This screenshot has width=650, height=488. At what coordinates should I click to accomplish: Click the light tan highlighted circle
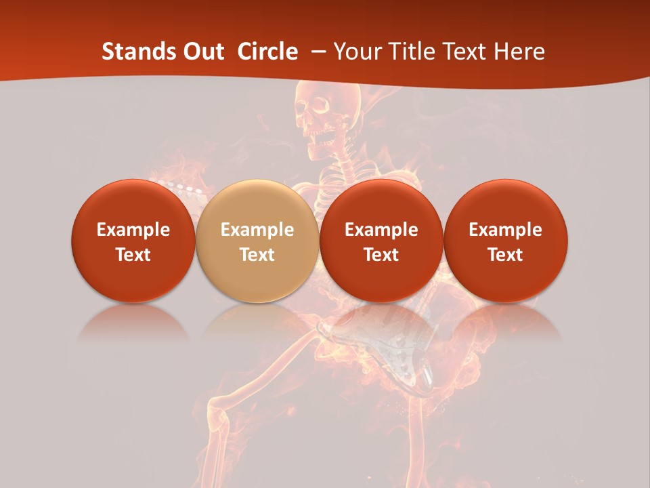point(257,241)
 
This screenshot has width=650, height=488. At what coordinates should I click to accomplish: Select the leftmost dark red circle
point(133,241)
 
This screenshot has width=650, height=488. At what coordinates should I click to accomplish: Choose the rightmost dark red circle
point(505,241)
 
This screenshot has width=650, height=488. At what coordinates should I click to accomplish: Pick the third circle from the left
point(381,241)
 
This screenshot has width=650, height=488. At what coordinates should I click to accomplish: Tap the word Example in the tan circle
point(257,230)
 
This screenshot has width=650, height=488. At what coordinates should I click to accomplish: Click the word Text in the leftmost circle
point(133,255)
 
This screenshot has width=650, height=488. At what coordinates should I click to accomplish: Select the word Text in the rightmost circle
point(505,255)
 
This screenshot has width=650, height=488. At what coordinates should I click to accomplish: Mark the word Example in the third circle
point(381,230)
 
